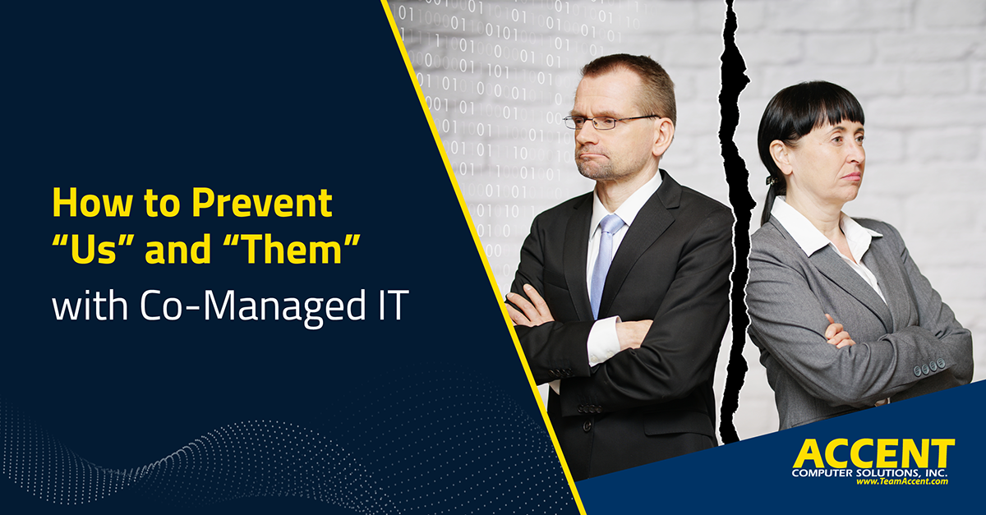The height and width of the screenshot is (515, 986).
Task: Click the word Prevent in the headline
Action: pyautogui.click(x=262, y=203)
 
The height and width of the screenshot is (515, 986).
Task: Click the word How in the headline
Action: pyautogui.click(x=92, y=203)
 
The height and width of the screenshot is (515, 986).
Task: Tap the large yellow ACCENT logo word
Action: pyautogui.click(x=873, y=454)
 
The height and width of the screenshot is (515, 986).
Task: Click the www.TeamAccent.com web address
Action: pyautogui.click(x=902, y=481)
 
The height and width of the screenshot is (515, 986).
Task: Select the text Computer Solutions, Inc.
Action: pyautogui.click(x=869, y=473)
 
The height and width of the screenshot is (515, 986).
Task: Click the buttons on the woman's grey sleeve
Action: pyautogui.click(x=929, y=367)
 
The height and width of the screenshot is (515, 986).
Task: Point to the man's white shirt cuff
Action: pyautogui.click(x=603, y=340)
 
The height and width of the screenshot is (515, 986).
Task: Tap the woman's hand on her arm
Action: pyautogui.click(x=836, y=333)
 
